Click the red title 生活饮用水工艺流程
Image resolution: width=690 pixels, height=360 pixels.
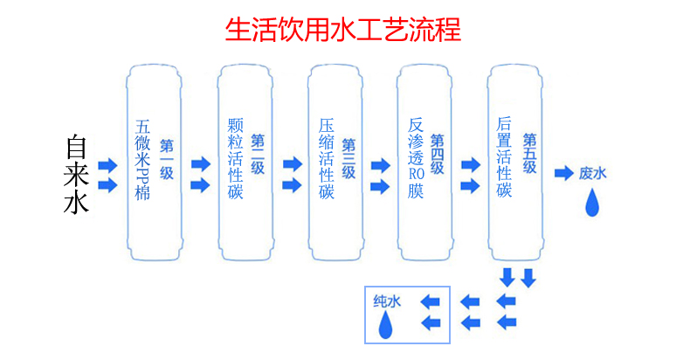(343, 30)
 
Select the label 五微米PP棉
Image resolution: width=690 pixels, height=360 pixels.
(142, 161)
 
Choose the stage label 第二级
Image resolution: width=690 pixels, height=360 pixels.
(257, 154)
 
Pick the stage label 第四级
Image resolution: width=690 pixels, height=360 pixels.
(438, 154)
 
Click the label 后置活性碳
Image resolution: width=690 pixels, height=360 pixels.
(504, 158)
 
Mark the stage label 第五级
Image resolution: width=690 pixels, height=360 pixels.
(529, 154)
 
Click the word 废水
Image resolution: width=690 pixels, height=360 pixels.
(591, 174)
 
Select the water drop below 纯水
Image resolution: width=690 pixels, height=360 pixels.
(385, 327)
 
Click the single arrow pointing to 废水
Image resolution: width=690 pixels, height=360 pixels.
(563, 174)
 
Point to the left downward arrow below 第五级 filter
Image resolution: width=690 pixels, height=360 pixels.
(507, 279)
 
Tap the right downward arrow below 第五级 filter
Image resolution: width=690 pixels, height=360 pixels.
(528, 279)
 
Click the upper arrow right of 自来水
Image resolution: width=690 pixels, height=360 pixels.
(107, 166)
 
